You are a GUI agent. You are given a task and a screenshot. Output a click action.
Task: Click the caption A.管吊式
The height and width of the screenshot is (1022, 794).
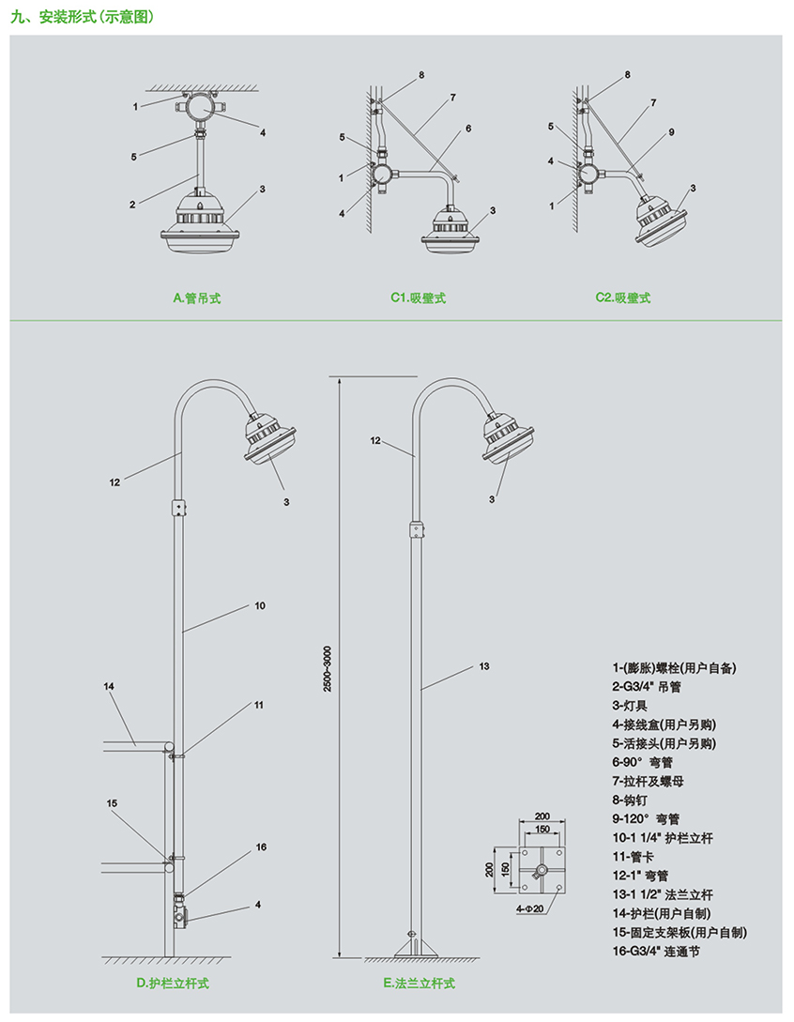[x=197, y=298]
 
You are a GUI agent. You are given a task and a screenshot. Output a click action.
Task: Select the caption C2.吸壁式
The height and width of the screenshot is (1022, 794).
[x=622, y=298]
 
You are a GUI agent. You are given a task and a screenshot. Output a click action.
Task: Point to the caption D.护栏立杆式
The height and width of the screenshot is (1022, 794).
[x=172, y=984]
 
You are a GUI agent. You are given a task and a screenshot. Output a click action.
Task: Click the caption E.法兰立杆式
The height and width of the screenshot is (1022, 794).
[x=419, y=984]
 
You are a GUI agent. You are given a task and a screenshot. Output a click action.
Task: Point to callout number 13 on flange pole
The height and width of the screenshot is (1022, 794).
[x=484, y=666]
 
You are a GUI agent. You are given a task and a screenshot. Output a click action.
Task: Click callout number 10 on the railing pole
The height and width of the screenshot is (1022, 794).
[x=260, y=606]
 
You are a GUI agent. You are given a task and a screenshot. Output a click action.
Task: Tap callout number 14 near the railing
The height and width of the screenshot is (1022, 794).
[x=109, y=687]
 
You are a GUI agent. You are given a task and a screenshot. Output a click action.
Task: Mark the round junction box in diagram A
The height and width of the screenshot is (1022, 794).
[x=199, y=109]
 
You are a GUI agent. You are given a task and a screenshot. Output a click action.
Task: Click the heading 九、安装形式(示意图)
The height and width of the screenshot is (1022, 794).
[x=82, y=17]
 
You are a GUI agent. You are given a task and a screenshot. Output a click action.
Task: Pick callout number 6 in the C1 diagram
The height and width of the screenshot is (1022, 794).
[x=467, y=128]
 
